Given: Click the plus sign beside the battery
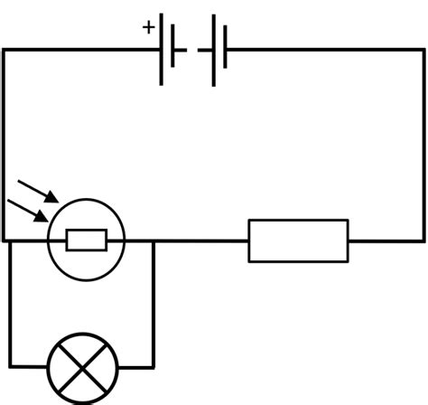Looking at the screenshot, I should coord(148,27).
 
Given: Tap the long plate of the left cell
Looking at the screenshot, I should coord(163,50).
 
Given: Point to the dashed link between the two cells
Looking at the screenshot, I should coord(192,50).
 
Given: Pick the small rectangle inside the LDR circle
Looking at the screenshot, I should coord(87,240).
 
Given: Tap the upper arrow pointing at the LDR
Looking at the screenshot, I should coord(38,191).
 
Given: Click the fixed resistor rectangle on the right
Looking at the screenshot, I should coord(298,240).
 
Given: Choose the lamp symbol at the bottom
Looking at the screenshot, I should coord(82,367).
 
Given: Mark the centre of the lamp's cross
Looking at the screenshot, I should coord(82,367).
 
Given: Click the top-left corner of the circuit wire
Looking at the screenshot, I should coord(5,50).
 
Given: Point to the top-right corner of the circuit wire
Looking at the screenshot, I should coord(423,50).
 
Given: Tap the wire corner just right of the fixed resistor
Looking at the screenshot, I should coord(423,240).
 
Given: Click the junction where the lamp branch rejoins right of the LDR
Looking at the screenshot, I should coord(154,240).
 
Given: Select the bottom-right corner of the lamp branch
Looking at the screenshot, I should coord(154,367).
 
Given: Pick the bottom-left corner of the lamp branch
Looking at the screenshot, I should coord(11,367).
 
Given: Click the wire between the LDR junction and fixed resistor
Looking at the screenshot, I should coord(200,240).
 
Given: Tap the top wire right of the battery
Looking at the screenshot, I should coord(325,50).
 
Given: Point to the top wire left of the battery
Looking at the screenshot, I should coord(81,50).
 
